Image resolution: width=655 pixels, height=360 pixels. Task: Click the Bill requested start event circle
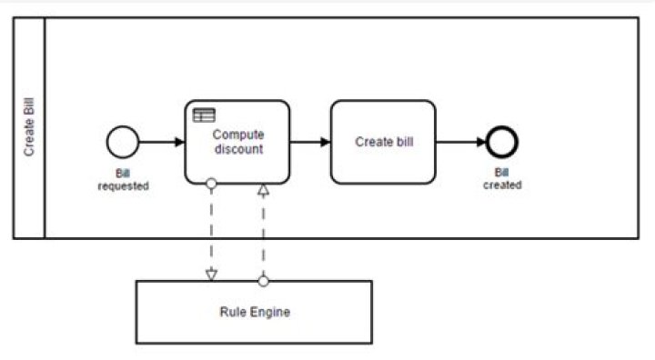pyautogui.click(x=122, y=142)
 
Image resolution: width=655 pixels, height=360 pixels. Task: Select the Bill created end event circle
pyautogui.click(x=502, y=142)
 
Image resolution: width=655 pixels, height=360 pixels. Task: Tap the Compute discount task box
pyautogui.click(x=237, y=142)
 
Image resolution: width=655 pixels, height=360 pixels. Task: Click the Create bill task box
pyautogui.click(x=382, y=142)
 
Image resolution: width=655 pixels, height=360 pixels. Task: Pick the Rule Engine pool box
pyautogui.click(x=254, y=312)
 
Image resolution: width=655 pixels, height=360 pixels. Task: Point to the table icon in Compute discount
pyautogui.click(x=203, y=115)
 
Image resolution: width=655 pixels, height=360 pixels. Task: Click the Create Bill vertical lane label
pyautogui.click(x=29, y=128)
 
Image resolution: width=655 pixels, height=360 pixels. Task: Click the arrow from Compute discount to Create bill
pyautogui.click(x=309, y=142)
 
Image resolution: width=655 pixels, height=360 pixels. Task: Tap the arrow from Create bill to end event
pyautogui.click(x=461, y=142)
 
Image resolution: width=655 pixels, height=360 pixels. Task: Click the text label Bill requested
pyautogui.click(x=123, y=179)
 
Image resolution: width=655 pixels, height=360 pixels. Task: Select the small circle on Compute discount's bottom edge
pyautogui.click(x=211, y=184)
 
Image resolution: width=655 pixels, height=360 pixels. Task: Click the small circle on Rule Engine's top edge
pyautogui.click(x=263, y=281)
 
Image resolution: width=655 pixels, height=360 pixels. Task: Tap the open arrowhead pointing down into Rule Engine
pyautogui.click(x=211, y=274)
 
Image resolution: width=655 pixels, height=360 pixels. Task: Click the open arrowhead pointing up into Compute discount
pyautogui.click(x=263, y=190)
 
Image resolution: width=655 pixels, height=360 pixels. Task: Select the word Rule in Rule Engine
pyautogui.click(x=232, y=312)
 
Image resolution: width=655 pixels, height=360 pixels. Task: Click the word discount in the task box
pyautogui.click(x=238, y=149)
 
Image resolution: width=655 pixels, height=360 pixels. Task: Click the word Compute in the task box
pyautogui.click(x=238, y=135)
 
